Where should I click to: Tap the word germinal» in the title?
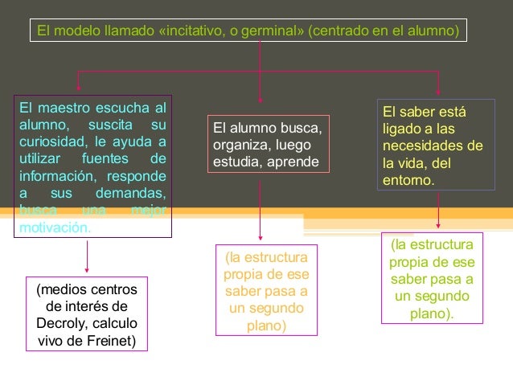pos(270,32)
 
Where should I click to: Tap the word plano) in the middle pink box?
pos(261,326)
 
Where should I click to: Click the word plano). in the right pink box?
pos(432,314)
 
